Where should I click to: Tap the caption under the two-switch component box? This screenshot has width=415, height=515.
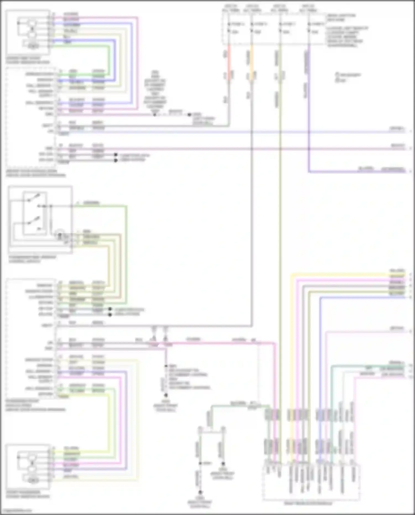coord(32,259)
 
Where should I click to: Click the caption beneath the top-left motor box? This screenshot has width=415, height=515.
coord(28,60)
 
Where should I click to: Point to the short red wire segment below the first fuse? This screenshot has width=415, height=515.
coord(229,62)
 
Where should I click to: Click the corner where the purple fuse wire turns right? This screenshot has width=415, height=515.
coord(309,172)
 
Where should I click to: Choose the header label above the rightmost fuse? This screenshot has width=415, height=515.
coord(308,8)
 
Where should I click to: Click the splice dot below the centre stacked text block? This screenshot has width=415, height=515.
coord(155,115)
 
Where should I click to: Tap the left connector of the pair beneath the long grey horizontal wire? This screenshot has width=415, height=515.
coord(154,330)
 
